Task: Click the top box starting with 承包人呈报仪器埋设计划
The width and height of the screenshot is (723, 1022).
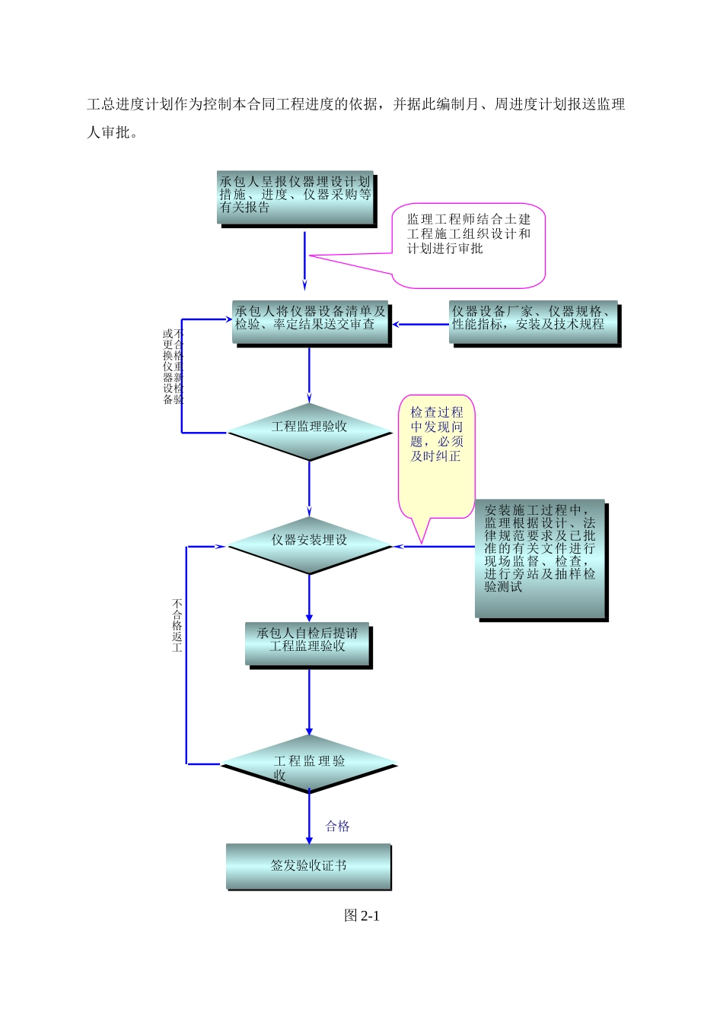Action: (295, 197)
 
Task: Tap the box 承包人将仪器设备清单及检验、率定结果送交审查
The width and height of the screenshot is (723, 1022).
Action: (310, 322)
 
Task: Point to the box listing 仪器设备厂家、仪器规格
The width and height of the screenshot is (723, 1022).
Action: (533, 322)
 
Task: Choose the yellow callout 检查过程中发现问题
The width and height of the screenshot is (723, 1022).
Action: (436, 456)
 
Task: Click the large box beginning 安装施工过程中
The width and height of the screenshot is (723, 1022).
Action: (540, 557)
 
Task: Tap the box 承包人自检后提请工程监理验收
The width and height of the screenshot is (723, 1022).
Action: (307, 643)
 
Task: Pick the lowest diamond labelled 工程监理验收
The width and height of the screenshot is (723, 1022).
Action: (309, 763)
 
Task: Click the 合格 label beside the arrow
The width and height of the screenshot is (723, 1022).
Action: (337, 826)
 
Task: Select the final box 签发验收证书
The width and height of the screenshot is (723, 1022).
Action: (308, 865)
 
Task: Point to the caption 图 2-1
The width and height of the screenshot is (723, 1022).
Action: (361, 916)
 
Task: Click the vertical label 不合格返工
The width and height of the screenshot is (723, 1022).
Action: (177, 626)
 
